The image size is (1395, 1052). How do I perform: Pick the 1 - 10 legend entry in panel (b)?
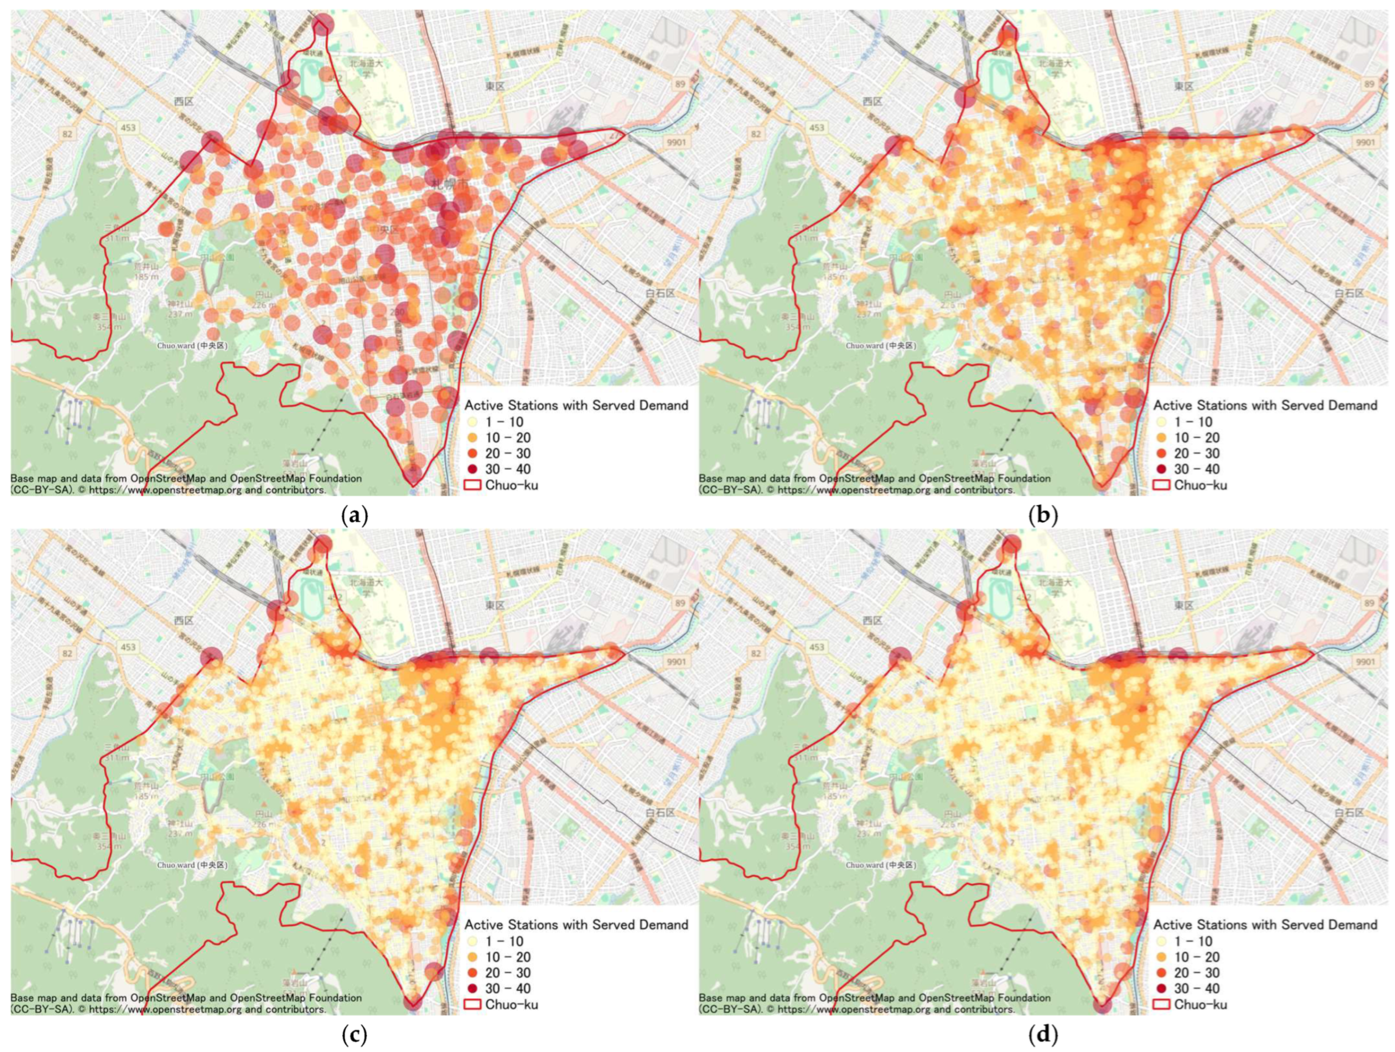tap(1187, 422)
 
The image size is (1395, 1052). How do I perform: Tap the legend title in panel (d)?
tap(1265, 925)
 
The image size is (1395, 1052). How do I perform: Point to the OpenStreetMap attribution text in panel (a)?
tap(186, 484)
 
